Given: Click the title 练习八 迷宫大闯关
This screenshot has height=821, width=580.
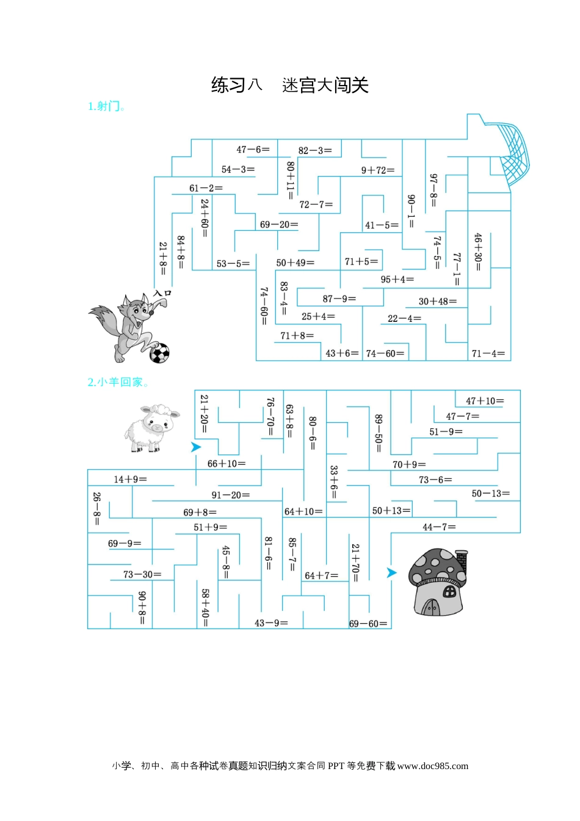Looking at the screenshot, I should pyautogui.click(x=290, y=85).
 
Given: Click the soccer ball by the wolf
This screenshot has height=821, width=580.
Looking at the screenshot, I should pyautogui.click(x=159, y=352).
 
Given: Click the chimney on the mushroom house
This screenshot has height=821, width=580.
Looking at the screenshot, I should pyautogui.click(x=462, y=561).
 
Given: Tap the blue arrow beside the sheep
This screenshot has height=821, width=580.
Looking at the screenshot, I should pyautogui.click(x=196, y=447).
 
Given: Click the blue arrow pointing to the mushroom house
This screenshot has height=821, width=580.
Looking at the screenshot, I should pyautogui.click(x=392, y=572).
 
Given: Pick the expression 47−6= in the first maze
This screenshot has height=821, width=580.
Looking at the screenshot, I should pyautogui.click(x=253, y=150).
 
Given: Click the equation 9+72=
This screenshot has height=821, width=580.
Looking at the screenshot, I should pyautogui.click(x=377, y=170).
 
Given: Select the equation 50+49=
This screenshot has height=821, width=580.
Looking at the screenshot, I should pyautogui.click(x=295, y=263).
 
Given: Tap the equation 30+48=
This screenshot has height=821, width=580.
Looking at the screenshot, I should pyautogui.click(x=437, y=301).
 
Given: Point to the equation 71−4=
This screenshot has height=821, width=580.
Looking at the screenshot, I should pyautogui.click(x=488, y=353).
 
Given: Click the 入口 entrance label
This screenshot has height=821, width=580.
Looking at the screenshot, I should pyautogui.click(x=162, y=294).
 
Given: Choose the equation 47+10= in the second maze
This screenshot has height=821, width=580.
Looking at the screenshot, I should pyautogui.click(x=485, y=401).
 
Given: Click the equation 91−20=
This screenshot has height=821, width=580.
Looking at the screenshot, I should pyautogui.click(x=231, y=495).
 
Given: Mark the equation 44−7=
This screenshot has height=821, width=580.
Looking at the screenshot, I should pyautogui.click(x=439, y=527).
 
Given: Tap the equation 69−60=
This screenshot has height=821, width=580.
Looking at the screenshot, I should pyautogui.click(x=368, y=624).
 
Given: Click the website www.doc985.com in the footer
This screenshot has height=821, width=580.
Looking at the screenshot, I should pyautogui.click(x=432, y=766).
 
